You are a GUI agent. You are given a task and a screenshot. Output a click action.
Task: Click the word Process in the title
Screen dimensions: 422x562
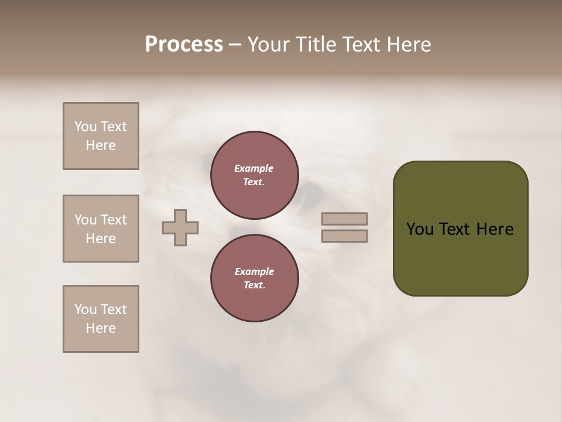pos(184,45)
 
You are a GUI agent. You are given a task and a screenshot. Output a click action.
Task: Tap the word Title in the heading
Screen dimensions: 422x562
pos(317,45)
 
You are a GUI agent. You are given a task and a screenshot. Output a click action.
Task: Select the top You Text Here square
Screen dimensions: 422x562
pos(101,136)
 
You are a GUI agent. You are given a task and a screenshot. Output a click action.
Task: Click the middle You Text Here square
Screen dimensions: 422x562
pos(101,229)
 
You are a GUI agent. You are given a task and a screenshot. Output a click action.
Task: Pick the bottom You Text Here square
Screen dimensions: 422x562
pos(101,319)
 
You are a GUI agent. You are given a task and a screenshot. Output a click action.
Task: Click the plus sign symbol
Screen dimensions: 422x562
pos(180,227)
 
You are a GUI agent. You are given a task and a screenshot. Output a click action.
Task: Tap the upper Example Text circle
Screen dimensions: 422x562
pos(255,175)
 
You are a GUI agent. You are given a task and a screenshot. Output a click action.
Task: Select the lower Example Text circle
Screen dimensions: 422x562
pos(255,278)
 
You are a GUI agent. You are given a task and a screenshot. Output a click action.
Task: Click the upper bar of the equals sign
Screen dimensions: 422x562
pos(344,219)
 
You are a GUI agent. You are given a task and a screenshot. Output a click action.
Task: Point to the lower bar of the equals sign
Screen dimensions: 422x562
pos(344,236)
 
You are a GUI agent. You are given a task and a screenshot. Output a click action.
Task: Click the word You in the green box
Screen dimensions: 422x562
pos(420,229)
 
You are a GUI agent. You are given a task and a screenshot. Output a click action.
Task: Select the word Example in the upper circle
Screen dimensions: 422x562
pos(254,168)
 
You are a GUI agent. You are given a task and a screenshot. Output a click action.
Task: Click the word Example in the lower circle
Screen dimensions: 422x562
pos(254,271)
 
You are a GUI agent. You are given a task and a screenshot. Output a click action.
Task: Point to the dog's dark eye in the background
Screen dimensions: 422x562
pos(310,192)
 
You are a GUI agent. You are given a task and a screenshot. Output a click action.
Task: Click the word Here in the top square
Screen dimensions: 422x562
pos(101,145)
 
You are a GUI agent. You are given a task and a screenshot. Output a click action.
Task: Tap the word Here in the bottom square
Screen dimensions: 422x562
pos(101,328)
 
